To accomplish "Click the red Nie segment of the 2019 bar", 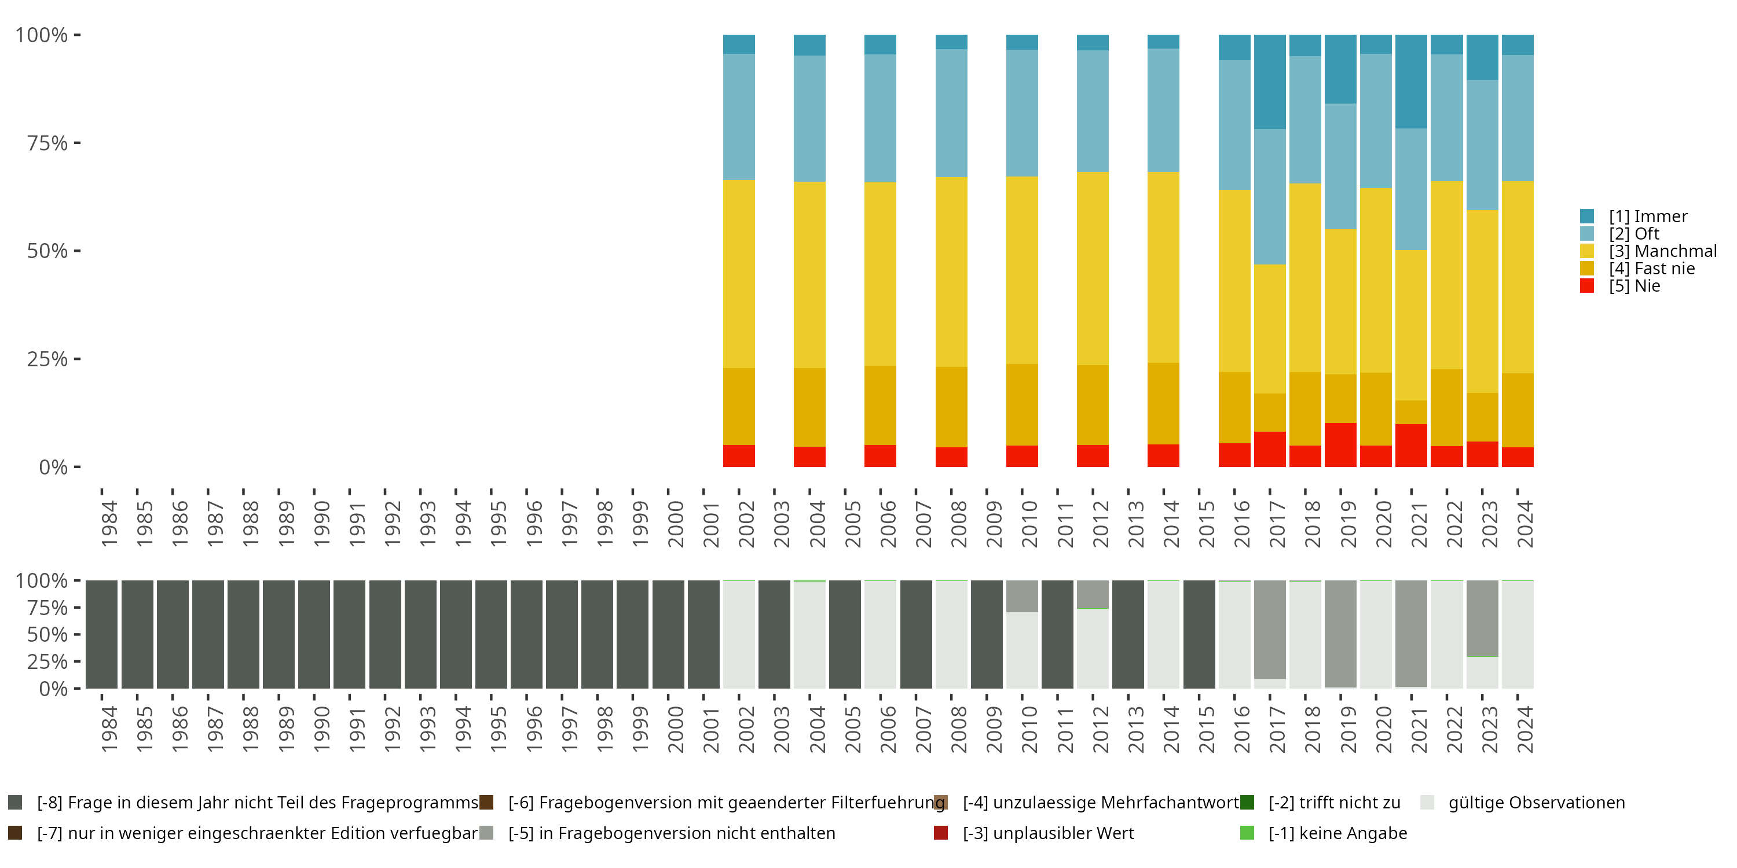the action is click(1340, 445).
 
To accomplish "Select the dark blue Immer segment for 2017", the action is click(1270, 82).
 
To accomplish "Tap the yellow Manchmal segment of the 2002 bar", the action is click(739, 274).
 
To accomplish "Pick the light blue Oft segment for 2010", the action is click(1023, 113).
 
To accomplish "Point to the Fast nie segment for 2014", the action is click(1164, 404).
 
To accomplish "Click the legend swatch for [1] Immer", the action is click(1587, 216).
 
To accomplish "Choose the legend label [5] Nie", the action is click(1635, 286).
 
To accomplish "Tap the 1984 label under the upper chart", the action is click(109, 524).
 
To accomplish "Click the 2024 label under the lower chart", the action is click(1525, 729).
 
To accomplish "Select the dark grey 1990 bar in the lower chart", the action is click(314, 634).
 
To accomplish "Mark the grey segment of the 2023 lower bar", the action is click(1482, 618).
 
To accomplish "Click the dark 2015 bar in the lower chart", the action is click(1199, 634).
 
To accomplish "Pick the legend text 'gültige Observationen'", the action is click(1537, 803).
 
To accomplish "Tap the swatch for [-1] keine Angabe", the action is click(1247, 833).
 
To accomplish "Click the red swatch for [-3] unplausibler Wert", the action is click(941, 833).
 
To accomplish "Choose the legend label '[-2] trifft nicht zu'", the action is click(1335, 803).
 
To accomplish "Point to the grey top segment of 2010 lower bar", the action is click(1023, 597).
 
